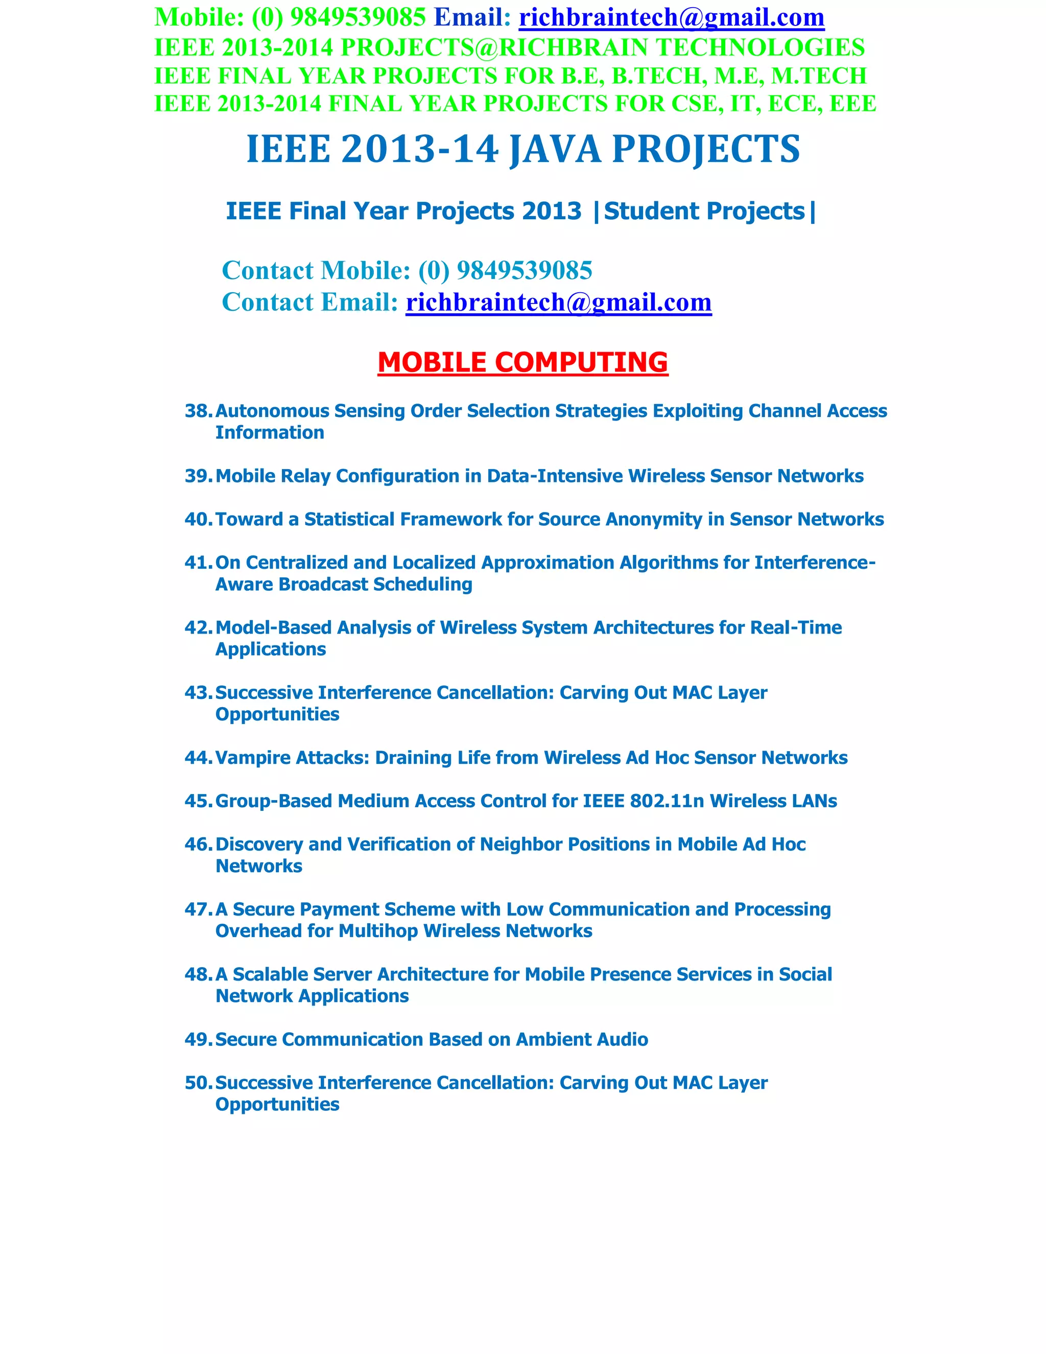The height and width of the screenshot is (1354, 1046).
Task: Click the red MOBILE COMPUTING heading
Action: pos(522,363)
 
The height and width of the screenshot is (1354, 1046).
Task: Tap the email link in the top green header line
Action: pos(671,17)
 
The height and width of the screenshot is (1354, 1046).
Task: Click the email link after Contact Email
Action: pos(558,302)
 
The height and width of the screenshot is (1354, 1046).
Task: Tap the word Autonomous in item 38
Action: pos(272,411)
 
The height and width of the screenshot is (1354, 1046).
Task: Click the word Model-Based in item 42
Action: pos(273,628)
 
